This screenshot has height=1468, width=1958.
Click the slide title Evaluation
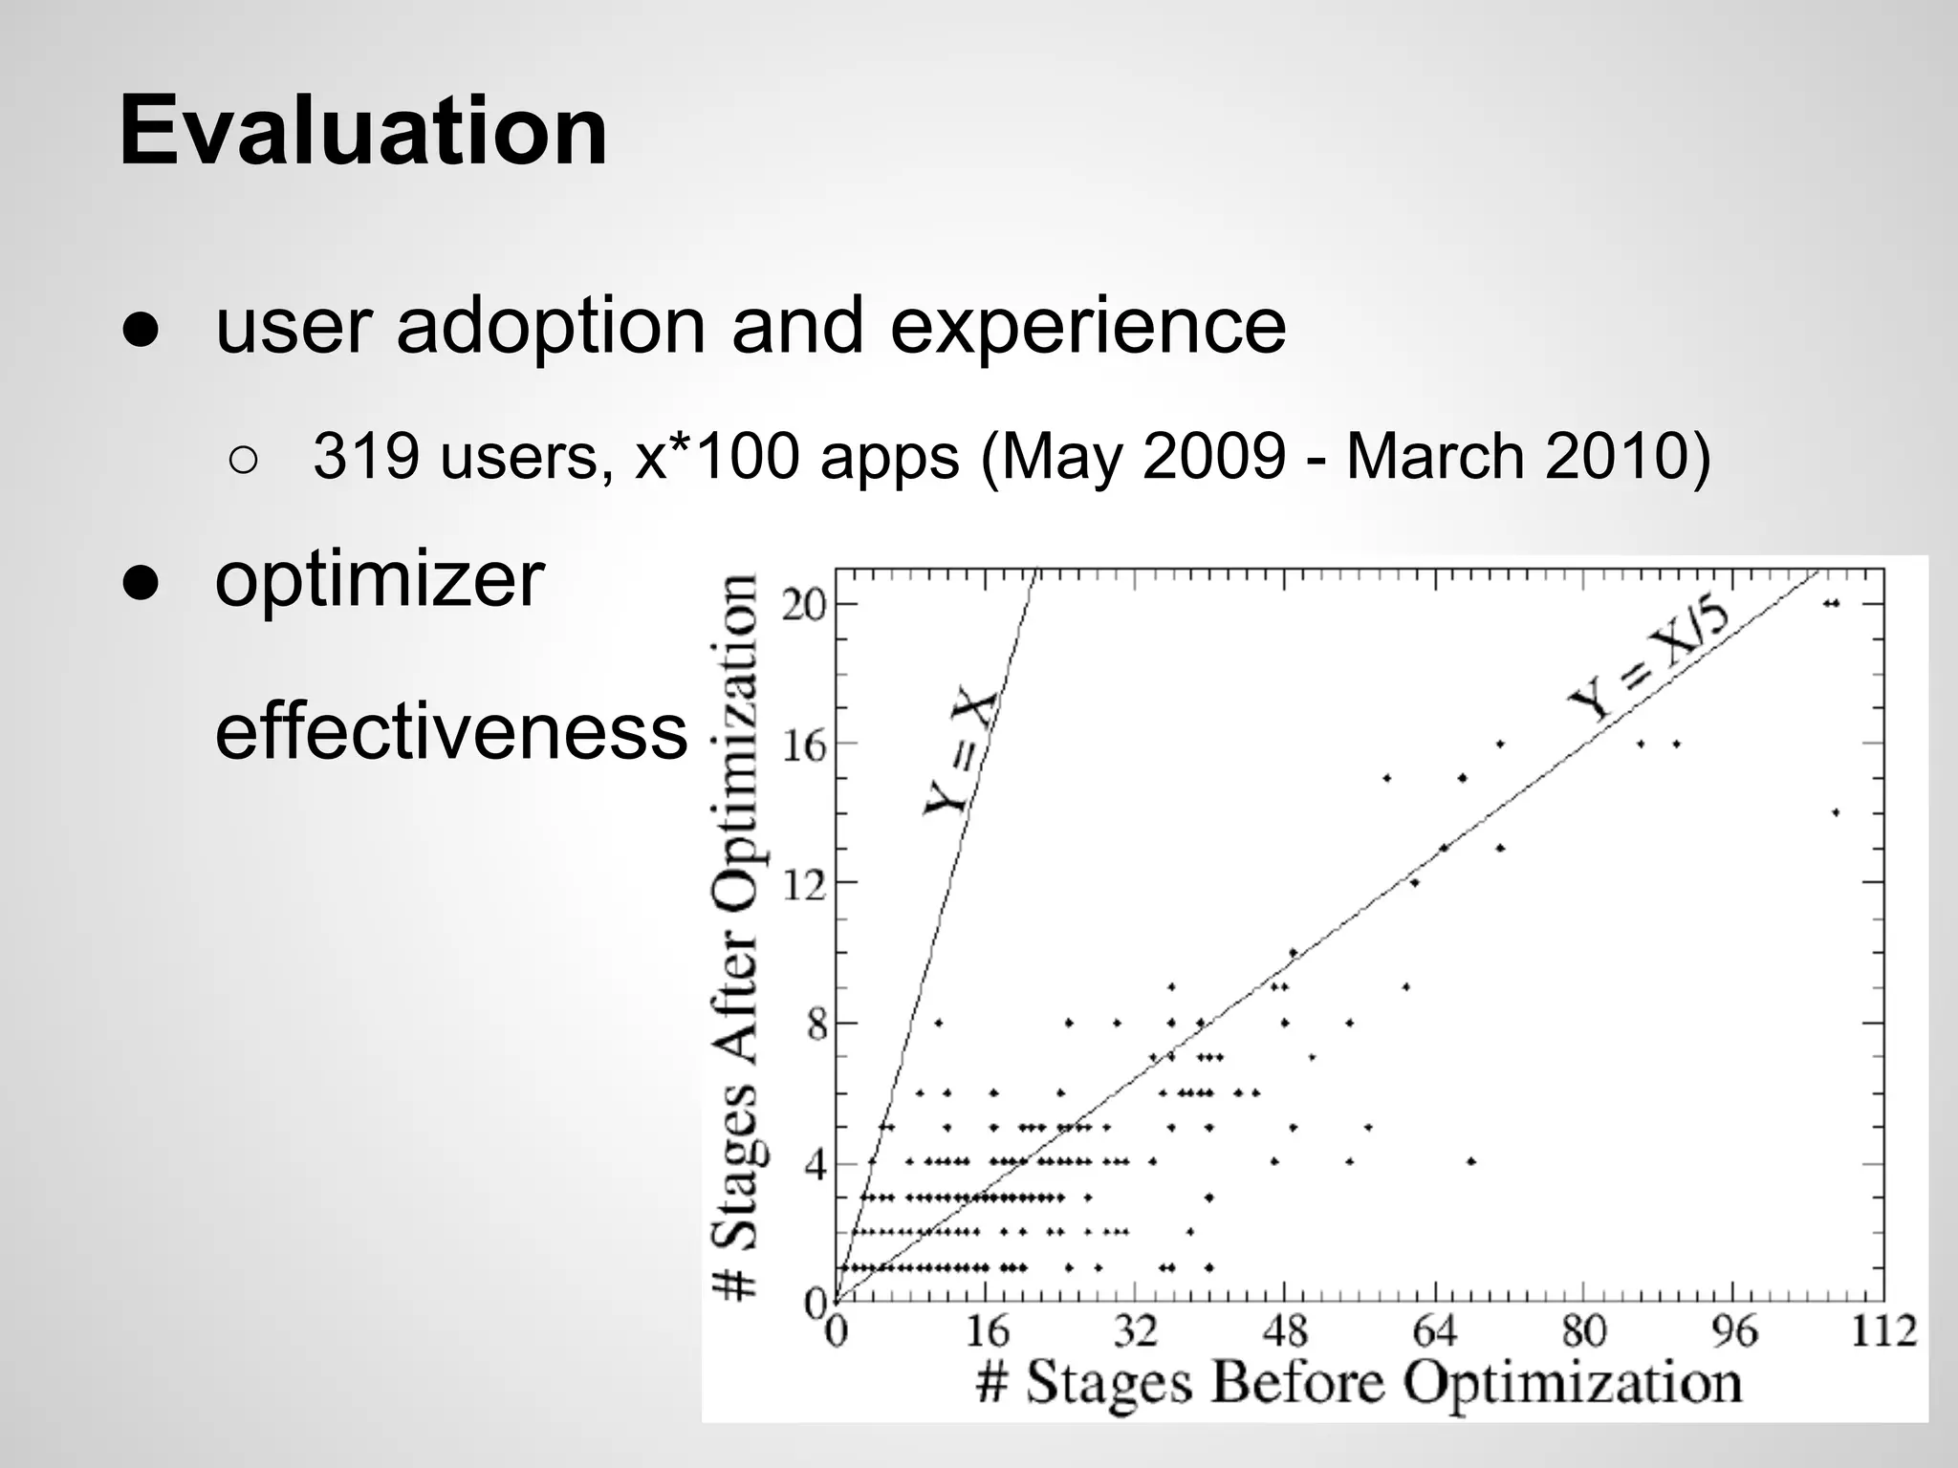(x=363, y=131)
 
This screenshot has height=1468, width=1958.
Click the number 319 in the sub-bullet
(x=366, y=456)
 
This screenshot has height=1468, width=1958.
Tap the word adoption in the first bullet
(x=550, y=327)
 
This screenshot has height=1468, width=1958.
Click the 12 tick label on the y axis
(x=804, y=885)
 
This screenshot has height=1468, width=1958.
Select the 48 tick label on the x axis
(x=1284, y=1330)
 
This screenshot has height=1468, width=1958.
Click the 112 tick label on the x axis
(x=1882, y=1330)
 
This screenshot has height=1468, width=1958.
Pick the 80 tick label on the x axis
(x=1583, y=1330)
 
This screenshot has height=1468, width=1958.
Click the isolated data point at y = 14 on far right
(x=1836, y=812)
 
